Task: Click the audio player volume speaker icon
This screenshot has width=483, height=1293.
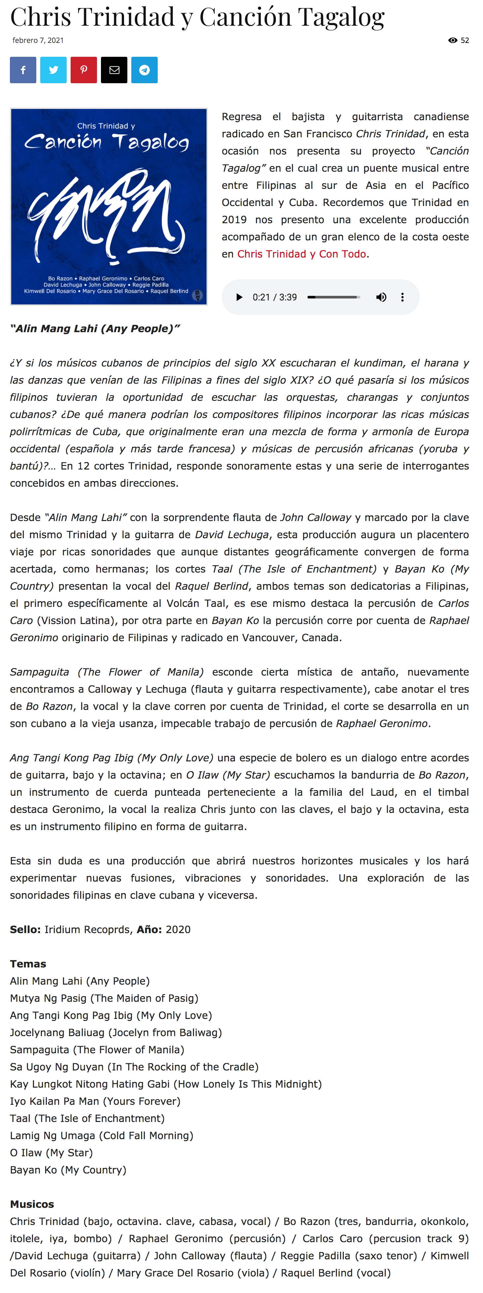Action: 381,297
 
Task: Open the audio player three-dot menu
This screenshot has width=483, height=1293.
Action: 402,297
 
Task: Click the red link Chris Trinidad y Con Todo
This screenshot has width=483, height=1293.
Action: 302,254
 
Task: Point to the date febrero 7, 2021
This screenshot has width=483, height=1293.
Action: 38,40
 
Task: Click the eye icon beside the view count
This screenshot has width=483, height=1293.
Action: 452,40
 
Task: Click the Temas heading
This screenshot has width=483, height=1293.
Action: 28,964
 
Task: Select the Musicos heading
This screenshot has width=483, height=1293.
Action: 32,1204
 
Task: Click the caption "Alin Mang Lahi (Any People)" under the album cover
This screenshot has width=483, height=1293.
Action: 95,329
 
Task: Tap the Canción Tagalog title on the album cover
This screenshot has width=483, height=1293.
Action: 107,142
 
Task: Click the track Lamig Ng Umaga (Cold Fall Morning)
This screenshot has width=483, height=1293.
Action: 101,1136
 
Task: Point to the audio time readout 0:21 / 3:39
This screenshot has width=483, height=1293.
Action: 274,297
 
